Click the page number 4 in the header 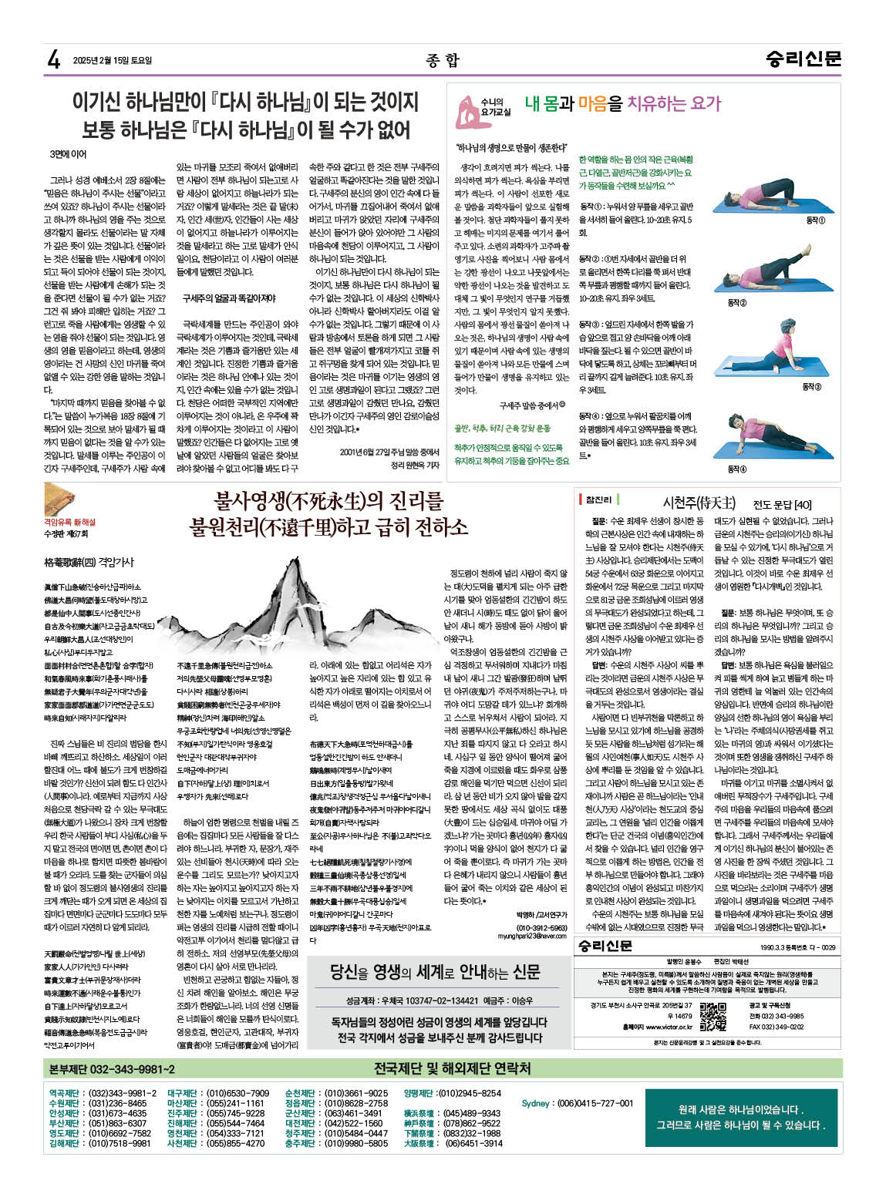click(x=53, y=59)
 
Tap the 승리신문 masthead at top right click(x=803, y=59)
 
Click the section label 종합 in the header click(x=442, y=60)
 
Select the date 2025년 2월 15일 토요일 click(x=112, y=60)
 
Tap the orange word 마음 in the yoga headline click(x=591, y=103)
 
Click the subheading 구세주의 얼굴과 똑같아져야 click(x=218, y=297)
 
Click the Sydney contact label click(x=535, y=1103)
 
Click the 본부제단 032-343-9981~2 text click(x=112, y=1069)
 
